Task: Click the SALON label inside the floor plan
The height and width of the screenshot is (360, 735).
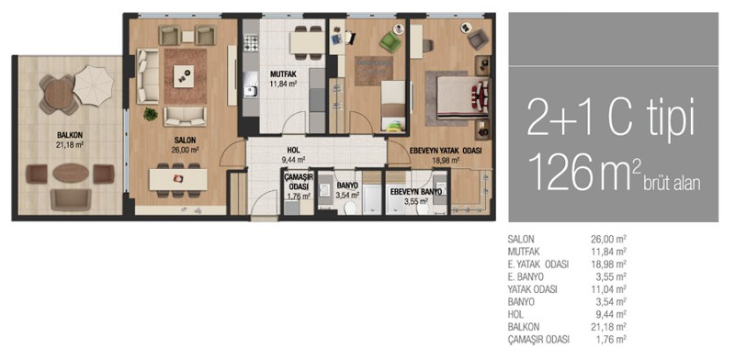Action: click(185, 141)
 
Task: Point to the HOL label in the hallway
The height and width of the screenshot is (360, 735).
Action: click(293, 151)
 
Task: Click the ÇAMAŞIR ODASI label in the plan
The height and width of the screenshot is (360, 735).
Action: click(298, 182)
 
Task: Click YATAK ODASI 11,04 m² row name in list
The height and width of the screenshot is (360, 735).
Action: click(532, 289)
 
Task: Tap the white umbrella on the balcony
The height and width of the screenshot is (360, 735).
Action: click(94, 85)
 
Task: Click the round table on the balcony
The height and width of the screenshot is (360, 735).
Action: click(59, 95)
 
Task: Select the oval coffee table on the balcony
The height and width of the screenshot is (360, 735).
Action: click(71, 173)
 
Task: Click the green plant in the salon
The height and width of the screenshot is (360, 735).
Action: click(150, 114)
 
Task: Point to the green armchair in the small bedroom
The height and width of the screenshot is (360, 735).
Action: click(390, 42)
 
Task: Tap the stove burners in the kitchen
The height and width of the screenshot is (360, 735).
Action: click(251, 43)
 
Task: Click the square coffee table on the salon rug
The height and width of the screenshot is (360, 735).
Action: click(183, 76)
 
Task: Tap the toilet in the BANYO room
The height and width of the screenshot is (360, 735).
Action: click(349, 208)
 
